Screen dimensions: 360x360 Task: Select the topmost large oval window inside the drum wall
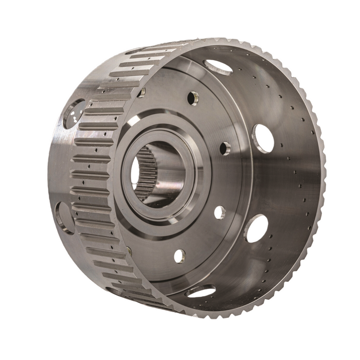point(218,67)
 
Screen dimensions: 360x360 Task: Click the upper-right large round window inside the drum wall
point(263,138)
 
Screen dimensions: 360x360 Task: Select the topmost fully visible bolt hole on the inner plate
point(193,98)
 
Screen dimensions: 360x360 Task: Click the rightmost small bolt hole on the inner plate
point(225,149)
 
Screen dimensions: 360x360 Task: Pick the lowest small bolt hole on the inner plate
point(179,256)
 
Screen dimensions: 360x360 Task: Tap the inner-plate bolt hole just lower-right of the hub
point(220,212)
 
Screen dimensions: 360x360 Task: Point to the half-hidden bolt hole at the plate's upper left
point(141,93)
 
